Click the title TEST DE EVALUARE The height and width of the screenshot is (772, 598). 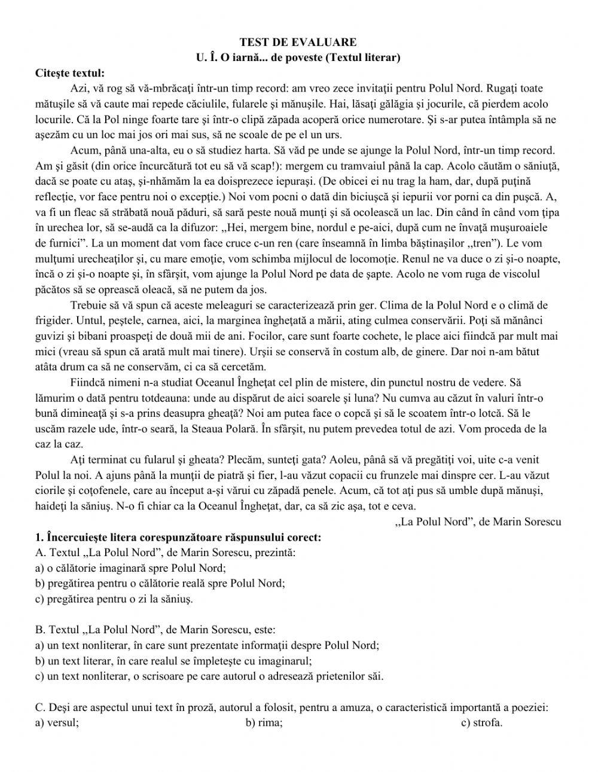click(x=298, y=42)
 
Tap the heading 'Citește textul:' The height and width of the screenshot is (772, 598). click(x=70, y=73)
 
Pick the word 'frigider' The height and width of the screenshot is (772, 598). click(x=54, y=321)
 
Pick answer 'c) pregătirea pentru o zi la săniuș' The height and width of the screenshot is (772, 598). click(x=114, y=599)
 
